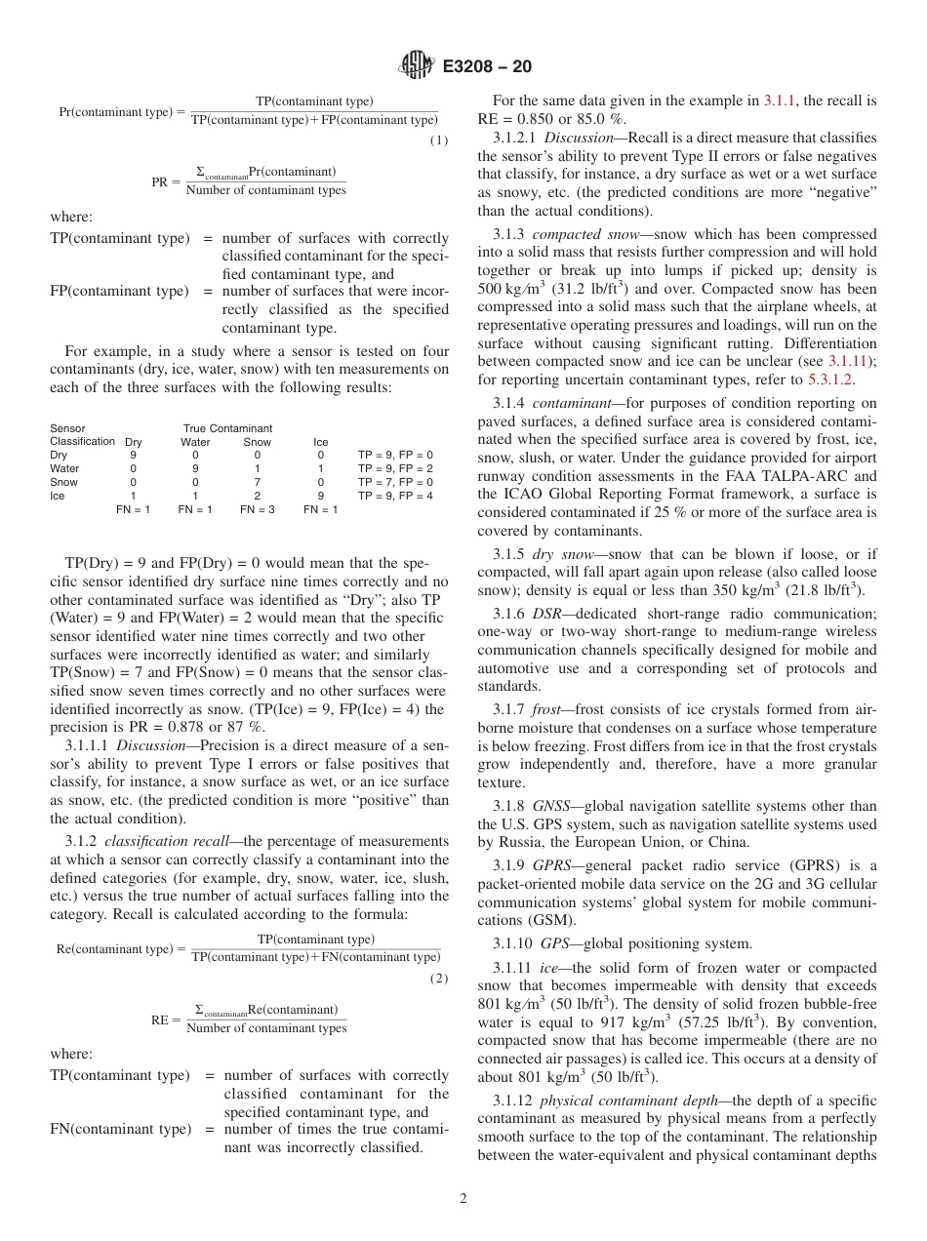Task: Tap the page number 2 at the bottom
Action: [463, 1199]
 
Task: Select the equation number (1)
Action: [439, 140]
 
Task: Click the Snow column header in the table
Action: [258, 442]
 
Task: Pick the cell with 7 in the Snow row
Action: [258, 482]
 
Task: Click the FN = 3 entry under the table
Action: [258, 509]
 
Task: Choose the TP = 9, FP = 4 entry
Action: [395, 496]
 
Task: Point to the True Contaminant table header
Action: [227, 428]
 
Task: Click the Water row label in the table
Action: [64, 468]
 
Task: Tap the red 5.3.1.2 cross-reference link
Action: [831, 380]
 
